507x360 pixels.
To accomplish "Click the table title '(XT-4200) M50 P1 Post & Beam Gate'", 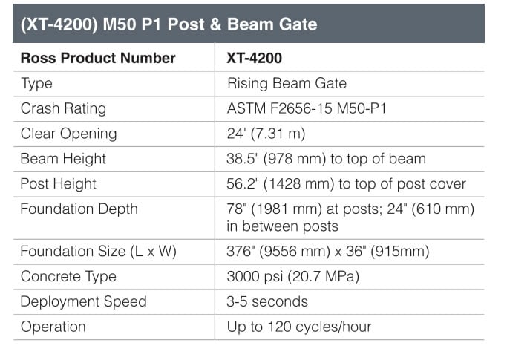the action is pos(169,24).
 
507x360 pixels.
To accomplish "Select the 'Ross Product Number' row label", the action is pos(98,58).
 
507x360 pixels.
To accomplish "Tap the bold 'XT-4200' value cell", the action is pos(255,58).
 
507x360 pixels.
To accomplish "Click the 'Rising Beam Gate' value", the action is pos(287,83).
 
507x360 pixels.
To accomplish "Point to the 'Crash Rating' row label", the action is pos(63,108).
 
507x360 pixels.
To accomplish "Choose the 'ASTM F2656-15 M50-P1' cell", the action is pos(307,108).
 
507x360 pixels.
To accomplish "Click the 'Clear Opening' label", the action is pos(68,134).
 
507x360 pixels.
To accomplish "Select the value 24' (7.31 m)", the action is pos(266,134).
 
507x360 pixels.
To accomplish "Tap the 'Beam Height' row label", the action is pos(63,159).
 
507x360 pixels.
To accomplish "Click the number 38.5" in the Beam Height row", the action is pos(243,159).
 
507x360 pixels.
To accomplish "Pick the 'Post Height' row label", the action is pos(58,184).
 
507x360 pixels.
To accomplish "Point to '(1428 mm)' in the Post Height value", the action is pos(298,184).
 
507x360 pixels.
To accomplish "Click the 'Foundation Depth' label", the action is pos(79,209).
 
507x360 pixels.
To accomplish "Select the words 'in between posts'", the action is pos(282,226).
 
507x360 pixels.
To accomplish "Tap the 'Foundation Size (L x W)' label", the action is pos(98,252).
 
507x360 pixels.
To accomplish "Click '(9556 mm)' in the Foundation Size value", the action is pos(295,252).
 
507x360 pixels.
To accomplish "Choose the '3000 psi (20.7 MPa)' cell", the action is pos(293,277).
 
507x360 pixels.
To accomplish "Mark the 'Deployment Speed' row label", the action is pos(83,301).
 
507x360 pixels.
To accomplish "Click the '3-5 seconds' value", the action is pos(267,301).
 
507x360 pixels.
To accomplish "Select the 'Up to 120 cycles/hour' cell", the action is pos(299,327).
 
